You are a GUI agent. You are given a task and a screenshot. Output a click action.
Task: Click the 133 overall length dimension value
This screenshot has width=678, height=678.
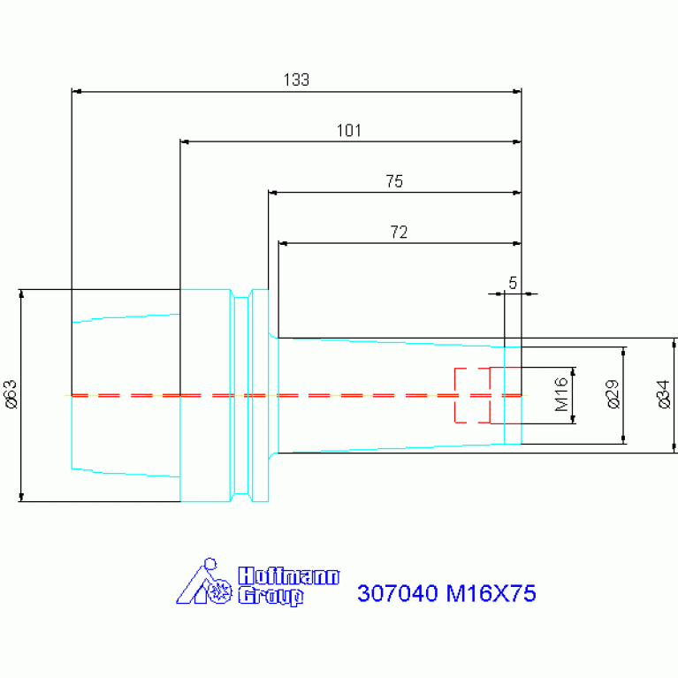click(x=296, y=80)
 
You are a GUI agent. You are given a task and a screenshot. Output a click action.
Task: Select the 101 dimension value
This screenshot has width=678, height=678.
click(x=348, y=131)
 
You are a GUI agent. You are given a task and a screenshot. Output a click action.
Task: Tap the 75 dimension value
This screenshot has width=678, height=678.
click(x=394, y=181)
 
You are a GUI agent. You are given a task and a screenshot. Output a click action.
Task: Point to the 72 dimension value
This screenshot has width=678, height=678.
click(x=399, y=232)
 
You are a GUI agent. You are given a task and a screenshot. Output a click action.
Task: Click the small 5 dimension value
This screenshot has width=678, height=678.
click(x=513, y=283)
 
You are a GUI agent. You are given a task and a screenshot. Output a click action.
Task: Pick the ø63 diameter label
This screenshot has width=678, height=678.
click(x=11, y=394)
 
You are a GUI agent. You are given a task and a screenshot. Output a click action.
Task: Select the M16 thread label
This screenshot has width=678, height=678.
click(x=561, y=394)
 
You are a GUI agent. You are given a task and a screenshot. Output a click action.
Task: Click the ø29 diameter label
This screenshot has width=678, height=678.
click(x=613, y=394)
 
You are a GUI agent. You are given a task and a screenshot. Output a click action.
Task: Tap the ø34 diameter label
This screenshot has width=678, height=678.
click(x=663, y=394)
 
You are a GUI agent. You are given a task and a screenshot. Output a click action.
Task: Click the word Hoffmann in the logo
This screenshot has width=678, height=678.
click(x=289, y=576)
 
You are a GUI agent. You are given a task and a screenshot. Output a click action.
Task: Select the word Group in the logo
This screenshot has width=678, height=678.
click(x=270, y=597)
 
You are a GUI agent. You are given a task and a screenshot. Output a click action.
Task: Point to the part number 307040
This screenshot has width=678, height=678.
click(x=398, y=593)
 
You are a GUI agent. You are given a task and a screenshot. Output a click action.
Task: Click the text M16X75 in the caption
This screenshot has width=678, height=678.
click(x=491, y=593)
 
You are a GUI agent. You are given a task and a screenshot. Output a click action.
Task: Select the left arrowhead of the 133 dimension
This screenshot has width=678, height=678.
click(x=76, y=92)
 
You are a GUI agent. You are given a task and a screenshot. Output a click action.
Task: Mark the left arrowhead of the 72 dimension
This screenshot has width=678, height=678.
click(x=283, y=244)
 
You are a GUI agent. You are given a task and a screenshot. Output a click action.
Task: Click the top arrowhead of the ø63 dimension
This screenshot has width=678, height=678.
click(x=21, y=294)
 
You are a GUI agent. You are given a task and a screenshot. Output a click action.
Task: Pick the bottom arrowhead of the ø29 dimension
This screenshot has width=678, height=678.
click(x=623, y=439)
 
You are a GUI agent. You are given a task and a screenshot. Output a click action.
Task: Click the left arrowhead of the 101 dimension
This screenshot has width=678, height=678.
click(x=185, y=141)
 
